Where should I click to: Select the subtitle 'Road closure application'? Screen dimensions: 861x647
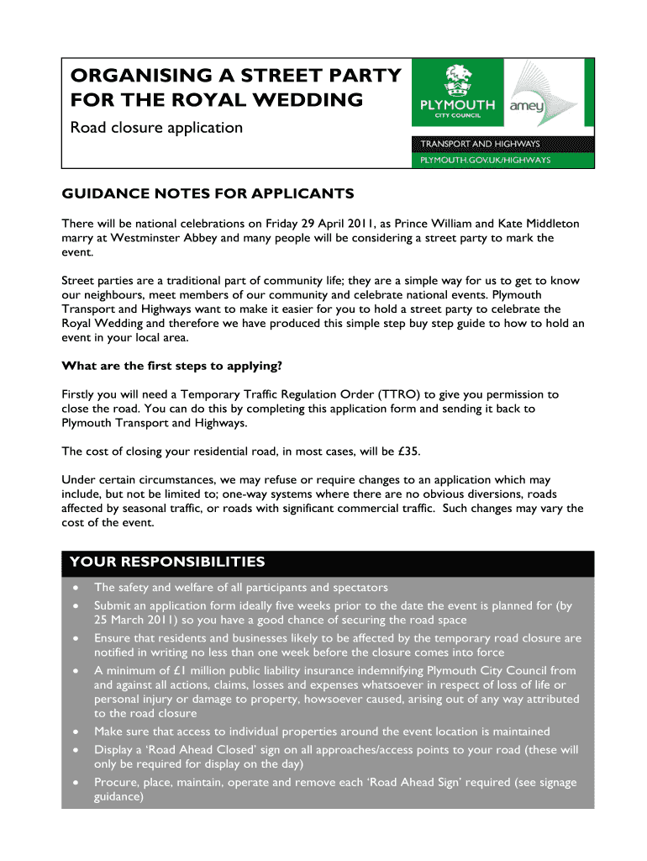tap(156, 128)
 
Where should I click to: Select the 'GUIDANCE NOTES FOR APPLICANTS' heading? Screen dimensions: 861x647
tap(208, 194)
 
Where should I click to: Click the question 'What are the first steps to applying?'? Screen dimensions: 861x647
tap(172, 366)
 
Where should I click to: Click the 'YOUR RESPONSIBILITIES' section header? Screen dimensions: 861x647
tap(167, 562)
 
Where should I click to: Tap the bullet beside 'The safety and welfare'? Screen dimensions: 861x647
tap(76, 588)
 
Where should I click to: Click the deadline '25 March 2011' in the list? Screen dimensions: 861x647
tap(136, 620)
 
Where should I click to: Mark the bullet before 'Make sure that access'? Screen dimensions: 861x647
tap(76, 732)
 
